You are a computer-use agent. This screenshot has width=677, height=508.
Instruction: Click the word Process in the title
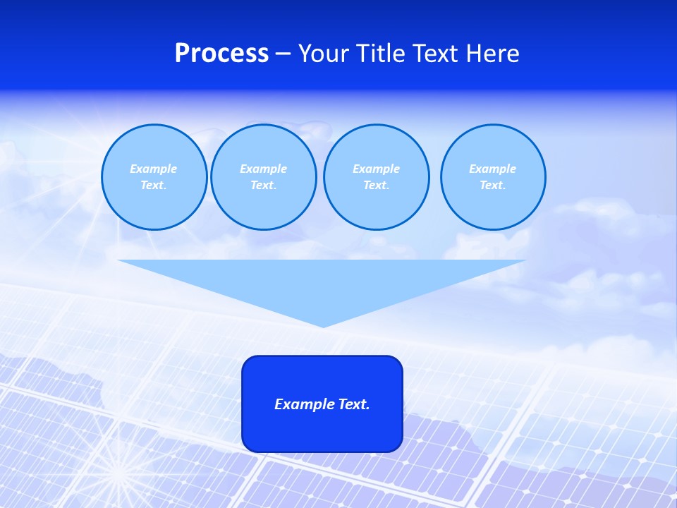(221, 54)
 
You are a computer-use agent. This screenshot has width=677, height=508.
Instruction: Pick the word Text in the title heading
(435, 54)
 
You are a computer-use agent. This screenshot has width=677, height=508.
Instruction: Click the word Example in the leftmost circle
(154, 169)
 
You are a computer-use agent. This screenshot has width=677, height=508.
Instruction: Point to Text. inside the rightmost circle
(493, 185)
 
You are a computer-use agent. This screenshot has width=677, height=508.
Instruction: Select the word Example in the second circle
(264, 169)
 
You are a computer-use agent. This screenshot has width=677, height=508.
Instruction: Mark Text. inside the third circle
(376, 185)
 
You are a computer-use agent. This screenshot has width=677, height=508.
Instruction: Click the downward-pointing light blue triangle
(322, 282)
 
